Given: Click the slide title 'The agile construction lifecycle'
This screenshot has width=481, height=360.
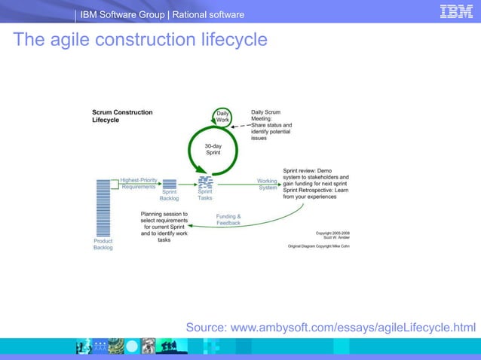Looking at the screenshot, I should [139, 39].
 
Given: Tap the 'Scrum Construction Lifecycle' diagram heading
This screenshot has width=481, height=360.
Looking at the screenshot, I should [121, 116].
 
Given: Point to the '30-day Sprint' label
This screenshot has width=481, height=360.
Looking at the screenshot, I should [213, 148].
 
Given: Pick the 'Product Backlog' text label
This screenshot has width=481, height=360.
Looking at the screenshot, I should [103, 245].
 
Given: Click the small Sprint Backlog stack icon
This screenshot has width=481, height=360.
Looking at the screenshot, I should [169, 184].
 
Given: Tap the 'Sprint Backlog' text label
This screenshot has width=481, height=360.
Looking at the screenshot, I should [169, 196].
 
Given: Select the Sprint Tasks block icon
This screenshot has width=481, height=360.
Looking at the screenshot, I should [205, 182].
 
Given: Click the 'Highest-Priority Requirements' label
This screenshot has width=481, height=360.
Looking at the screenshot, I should [139, 183].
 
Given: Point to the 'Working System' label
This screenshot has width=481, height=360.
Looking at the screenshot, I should [268, 184].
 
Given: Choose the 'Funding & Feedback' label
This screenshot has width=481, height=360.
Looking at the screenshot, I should [228, 220].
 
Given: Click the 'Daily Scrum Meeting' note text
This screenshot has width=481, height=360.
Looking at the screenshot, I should [271, 125].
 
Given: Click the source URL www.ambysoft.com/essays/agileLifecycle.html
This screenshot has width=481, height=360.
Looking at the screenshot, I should [331, 327].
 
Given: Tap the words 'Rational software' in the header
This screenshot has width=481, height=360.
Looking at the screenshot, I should [209, 15].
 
